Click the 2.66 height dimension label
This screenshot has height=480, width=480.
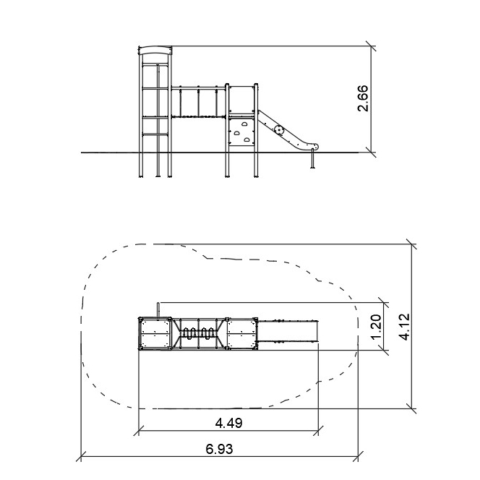click(x=364, y=98)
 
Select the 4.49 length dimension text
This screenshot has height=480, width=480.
click(x=228, y=423)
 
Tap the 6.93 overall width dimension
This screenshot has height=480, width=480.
click(x=219, y=449)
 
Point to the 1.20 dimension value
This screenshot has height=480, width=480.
click(x=376, y=327)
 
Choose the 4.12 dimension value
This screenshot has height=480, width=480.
click(x=404, y=327)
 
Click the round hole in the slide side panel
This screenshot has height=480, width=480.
click(x=279, y=130)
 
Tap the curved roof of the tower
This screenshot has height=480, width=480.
click(x=155, y=51)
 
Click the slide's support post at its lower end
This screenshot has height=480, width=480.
click(x=312, y=158)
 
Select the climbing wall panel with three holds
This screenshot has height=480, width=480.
click(x=241, y=132)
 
